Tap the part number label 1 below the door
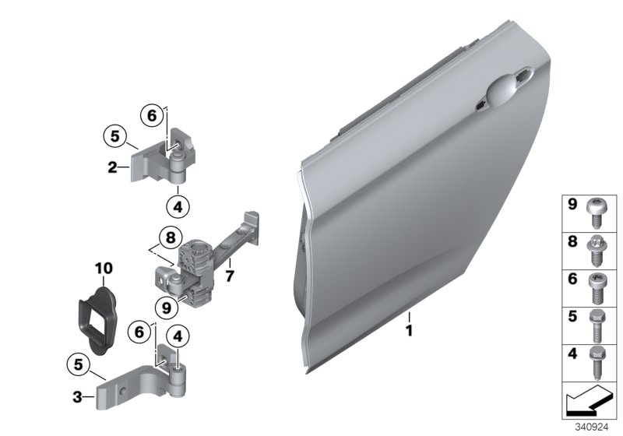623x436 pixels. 409,331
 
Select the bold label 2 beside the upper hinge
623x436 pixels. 112,166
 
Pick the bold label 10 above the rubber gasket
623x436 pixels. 104,269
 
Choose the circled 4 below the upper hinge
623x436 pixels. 178,207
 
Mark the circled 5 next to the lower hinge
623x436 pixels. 80,363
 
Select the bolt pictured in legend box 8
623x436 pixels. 599,250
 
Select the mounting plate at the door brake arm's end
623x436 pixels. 252,223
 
